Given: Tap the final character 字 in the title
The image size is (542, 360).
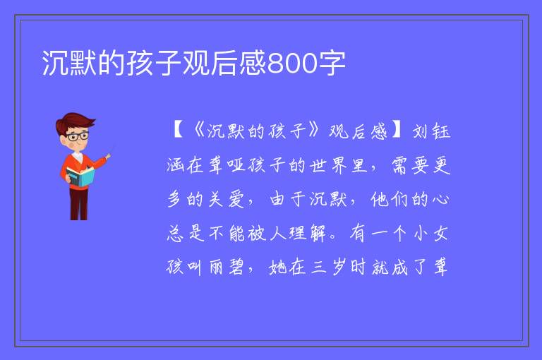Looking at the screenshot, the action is coord(332,64).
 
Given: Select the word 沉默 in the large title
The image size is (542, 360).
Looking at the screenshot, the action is coord(69,64).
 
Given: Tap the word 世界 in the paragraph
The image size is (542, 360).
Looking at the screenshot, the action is coord(327,165).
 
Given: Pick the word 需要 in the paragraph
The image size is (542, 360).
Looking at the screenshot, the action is coord(411,165).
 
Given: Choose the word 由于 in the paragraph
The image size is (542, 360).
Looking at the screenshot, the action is coord(288,199).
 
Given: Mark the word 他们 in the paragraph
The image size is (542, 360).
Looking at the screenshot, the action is coord(389,199).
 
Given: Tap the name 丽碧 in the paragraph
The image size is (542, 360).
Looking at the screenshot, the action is coord(227,267).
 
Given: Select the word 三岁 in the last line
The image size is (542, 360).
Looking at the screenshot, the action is coord(327,267).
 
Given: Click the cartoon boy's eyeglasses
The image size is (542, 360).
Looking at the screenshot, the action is coord(78,136).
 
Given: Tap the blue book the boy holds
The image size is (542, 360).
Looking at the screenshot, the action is coord(80,176).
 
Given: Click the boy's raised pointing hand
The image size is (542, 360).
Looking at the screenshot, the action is coord(108,156).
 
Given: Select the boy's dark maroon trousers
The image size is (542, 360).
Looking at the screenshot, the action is coord(79,203).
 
